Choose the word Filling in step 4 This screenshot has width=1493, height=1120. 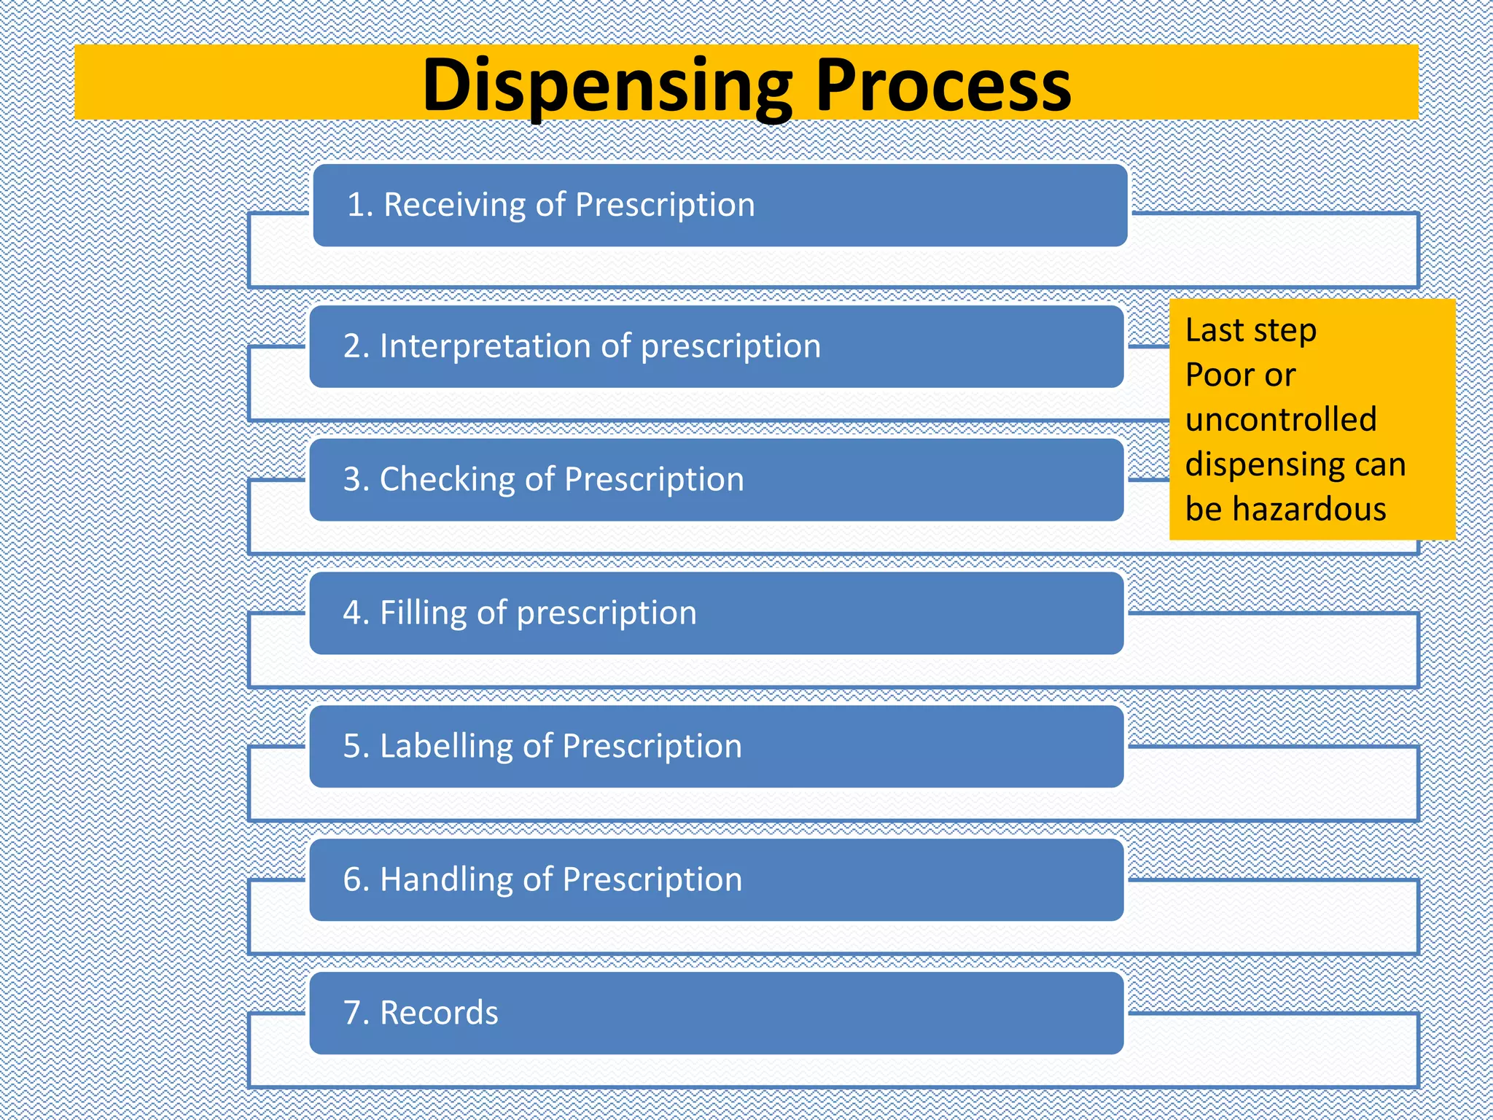(423, 613)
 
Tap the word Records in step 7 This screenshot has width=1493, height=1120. (439, 1014)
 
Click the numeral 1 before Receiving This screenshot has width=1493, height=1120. (355, 205)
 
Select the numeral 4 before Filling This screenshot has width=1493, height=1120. (353, 613)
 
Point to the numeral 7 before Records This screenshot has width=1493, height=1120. (352, 1014)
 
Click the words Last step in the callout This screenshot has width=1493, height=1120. (1251, 330)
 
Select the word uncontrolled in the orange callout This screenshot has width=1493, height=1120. (1281, 420)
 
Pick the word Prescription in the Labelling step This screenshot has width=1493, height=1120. (652, 747)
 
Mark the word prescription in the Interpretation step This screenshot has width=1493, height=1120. (730, 346)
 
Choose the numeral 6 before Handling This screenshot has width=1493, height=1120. (353, 880)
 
